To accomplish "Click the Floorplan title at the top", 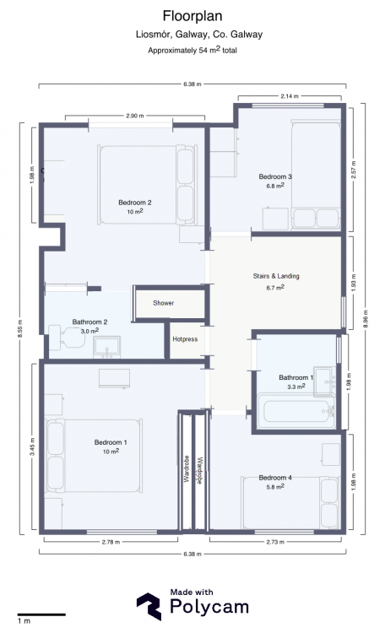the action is click(192, 16).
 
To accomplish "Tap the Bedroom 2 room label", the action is click(135, 203).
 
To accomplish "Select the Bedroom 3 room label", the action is click(275, 176).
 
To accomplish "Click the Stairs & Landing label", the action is click(276, 276).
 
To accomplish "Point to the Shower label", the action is click(163, 303).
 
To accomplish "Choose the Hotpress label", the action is click(185, 339).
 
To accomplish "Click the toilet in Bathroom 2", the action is click(67, 338).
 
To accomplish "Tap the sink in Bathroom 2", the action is click(106, 347).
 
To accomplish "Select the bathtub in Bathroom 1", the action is click(296, 411).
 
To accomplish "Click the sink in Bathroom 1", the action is click(325, 381).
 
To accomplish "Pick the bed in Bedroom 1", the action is click(94, 456).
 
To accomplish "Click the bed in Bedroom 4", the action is click(290, 503).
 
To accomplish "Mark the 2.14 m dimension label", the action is click(290, 96).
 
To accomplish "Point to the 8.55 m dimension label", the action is click(20, 329).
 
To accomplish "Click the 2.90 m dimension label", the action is click(134, 116).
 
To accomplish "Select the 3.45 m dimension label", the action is click(32, 446).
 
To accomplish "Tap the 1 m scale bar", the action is click(41, 614).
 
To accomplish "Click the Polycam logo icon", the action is click(149, 606).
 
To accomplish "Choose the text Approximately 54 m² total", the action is click(192, 50).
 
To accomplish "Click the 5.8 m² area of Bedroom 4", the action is click(275, 487).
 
